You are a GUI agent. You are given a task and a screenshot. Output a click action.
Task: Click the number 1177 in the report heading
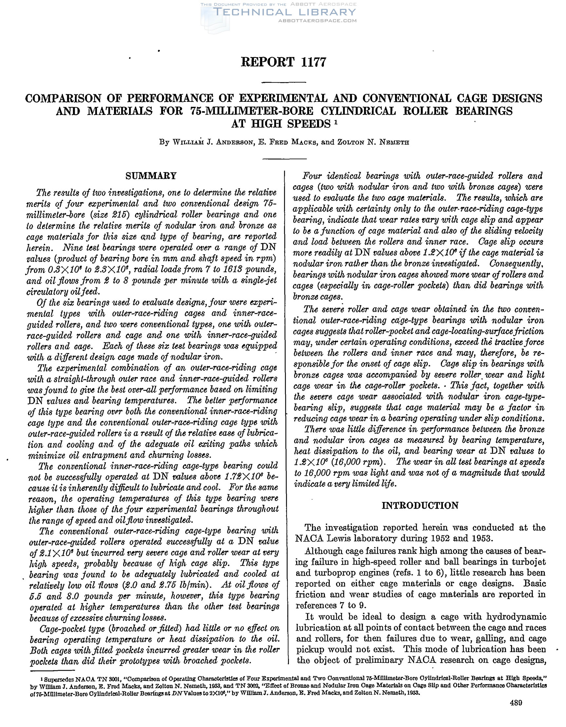pos(311,62)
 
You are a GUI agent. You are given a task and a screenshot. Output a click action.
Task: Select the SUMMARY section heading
pos(151,176)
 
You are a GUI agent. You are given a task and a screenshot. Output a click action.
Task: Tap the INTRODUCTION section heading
pos(420,505)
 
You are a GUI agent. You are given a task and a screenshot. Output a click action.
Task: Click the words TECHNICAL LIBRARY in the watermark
pos(285,12)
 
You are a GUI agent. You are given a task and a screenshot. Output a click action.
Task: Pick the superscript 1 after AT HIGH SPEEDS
pos(336,122)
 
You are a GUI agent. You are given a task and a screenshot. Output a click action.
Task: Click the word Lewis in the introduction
pos(347,538)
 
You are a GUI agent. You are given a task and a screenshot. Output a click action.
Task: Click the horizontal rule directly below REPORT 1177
pos(284,82)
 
